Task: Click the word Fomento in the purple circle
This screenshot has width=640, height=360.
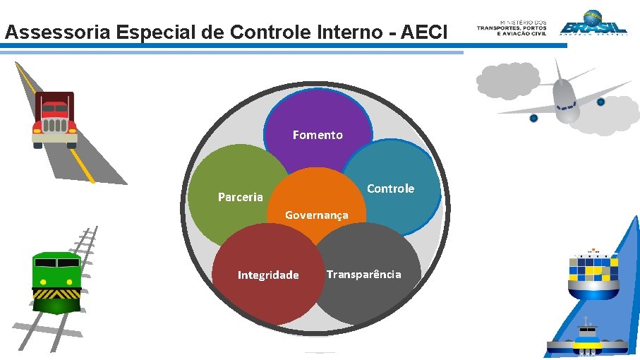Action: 318,135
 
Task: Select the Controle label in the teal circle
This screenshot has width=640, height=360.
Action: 390,188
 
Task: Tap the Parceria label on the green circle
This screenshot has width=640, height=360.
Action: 240,197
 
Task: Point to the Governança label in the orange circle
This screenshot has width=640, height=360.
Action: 316,215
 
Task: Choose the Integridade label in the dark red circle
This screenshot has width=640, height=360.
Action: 268,275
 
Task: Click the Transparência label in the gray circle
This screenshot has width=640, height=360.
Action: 363,274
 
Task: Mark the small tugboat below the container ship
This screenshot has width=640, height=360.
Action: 587,339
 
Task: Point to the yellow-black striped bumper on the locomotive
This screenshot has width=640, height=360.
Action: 57,292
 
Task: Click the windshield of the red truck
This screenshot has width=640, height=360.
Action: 54,109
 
